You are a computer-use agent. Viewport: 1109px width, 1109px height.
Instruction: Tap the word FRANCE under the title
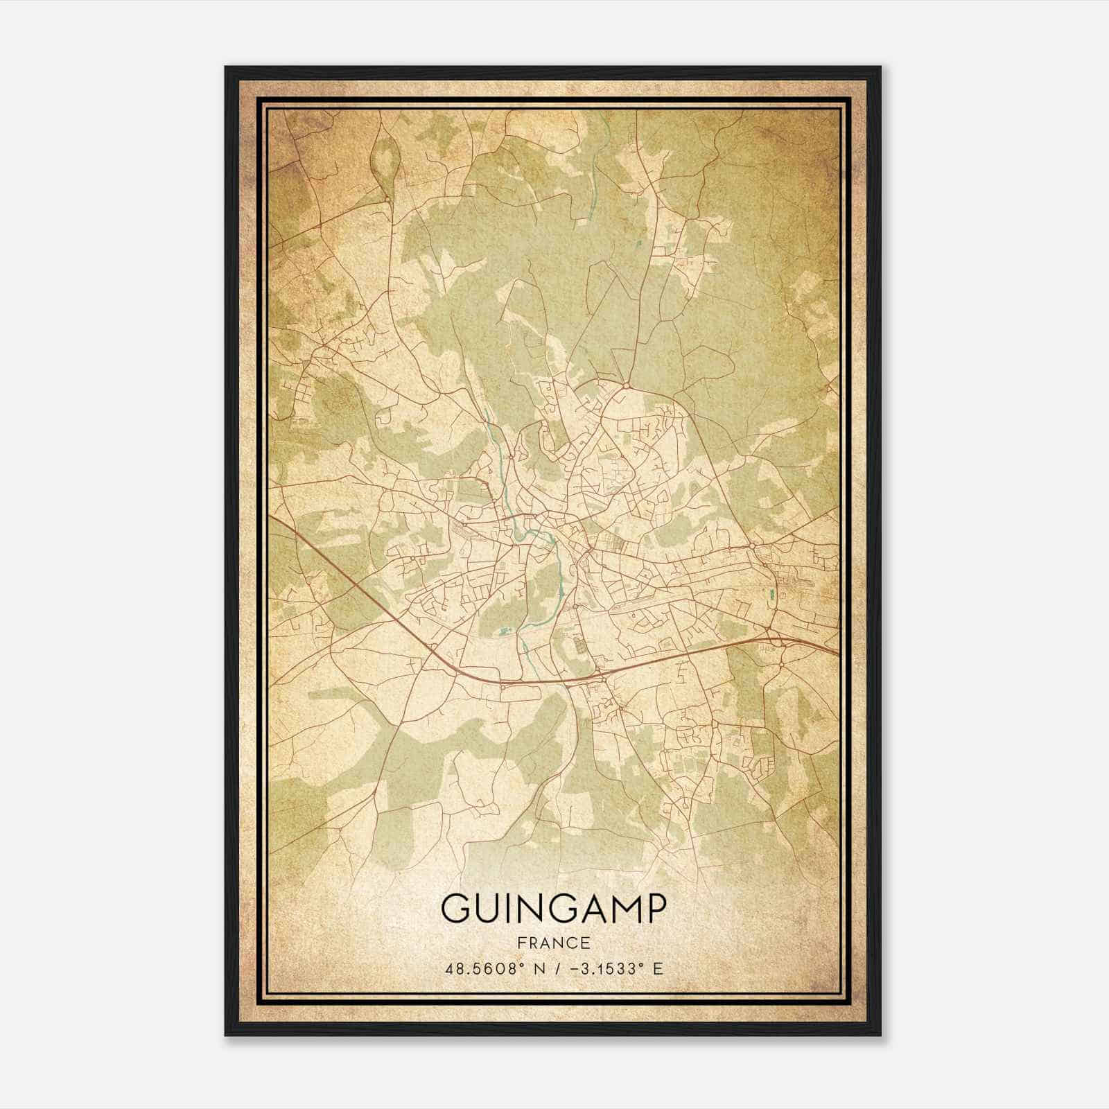click(553, 943)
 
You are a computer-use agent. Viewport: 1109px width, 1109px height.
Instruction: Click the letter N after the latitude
click(534, 968)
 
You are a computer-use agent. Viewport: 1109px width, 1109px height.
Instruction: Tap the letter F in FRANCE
click(521, 943)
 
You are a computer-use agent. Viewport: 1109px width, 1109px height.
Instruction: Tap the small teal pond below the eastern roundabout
click(771, 594)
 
